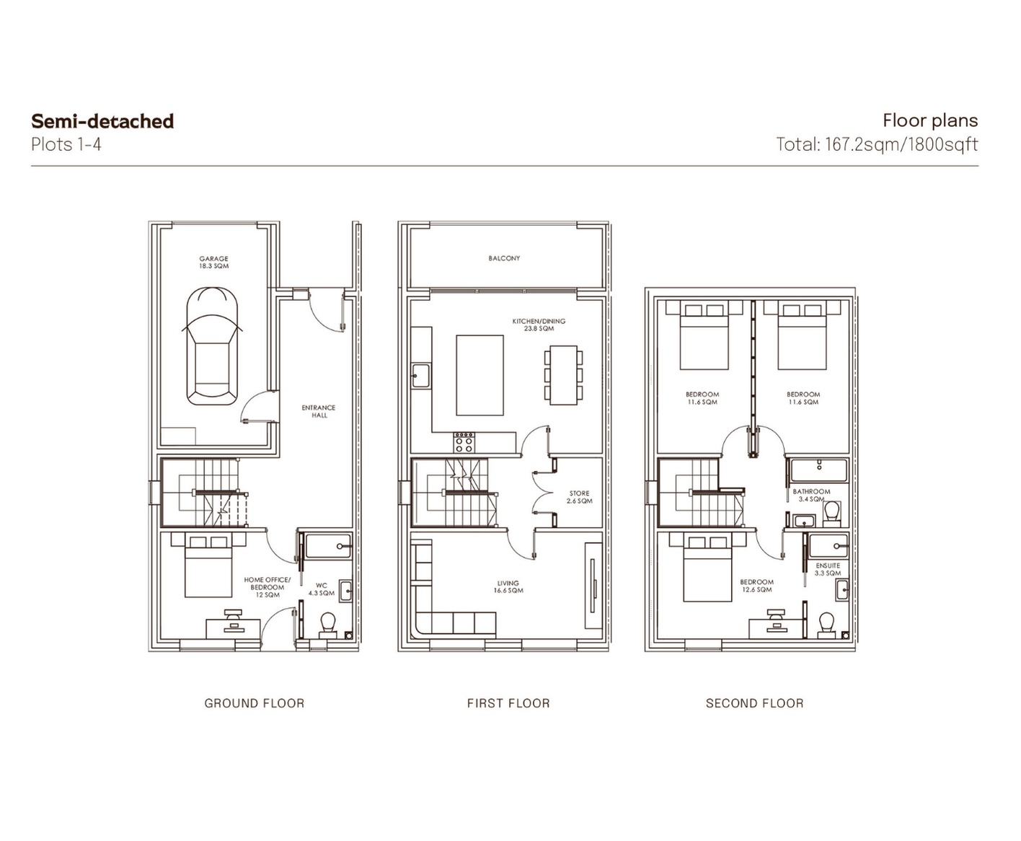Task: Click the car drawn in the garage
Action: pyautogui.click(x=212, y=345)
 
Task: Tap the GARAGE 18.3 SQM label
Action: pyautogui.click(x=213, y=263)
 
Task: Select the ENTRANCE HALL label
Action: pyautogui.click(x=319, y=411)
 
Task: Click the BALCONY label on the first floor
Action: pyautogui.click(x=504, y=258)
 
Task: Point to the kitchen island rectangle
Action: pyautogui.click(x=479, y=375)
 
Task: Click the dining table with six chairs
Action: pyautogui.click(x=563, y=375)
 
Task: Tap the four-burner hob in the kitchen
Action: pyautogui.click(x=464, y=442)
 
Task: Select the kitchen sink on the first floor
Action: pyautogui.click(x=420, y=376)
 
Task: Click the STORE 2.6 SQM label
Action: pyautogui.click(x=580, y=497)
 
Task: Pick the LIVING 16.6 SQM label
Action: pyautogui.click(x=508, y=586)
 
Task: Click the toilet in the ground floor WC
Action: pyautogui.click(x=327, y=625)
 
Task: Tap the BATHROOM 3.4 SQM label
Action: pyautogui.click(x=812, y=495)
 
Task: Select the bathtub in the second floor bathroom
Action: pyautogui.click(x=819, y=470)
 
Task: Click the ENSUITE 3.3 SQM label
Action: pyautogui.click(x=828, y=569)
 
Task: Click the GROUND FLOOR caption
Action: pyautogui.click(x=255, y=703)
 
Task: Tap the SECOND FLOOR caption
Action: pyautogui.click(x=754, y=703)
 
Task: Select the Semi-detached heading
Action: pyautogui.click(x=102, y=121)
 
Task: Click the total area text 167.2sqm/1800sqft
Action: pyautogui.click(x=902, y=145)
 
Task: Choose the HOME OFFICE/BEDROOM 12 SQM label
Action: pyautogui.click(x=267, y=587)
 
